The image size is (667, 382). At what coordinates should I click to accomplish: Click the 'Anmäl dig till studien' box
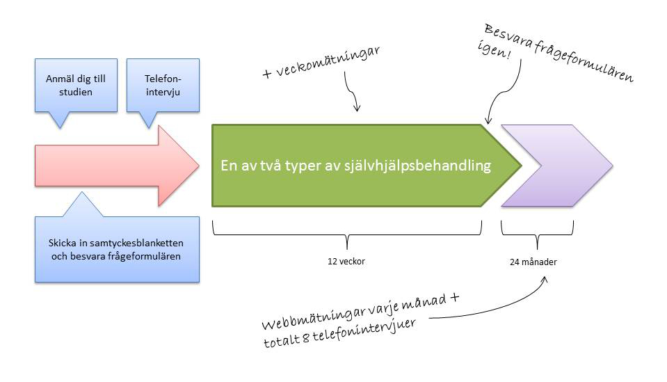(x=76, y=86)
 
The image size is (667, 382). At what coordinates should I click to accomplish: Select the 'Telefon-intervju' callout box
(x=163, y=86)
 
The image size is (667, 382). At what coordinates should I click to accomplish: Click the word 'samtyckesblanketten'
(x=138, y=243)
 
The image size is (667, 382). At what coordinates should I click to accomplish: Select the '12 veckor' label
(x=346, y=261)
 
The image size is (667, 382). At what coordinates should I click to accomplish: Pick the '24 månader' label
(x=533, y=262)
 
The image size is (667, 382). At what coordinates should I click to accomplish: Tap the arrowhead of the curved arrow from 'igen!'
(x=488, y=120)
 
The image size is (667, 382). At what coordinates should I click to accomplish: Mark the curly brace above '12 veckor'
(x=347, y=234)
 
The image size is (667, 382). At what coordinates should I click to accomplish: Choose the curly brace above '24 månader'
(x=537, y=234)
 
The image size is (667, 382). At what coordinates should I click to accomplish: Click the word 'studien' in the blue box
(x=76, y=92)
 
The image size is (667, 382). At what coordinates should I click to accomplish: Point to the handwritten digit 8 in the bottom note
(x=305, y=339)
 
